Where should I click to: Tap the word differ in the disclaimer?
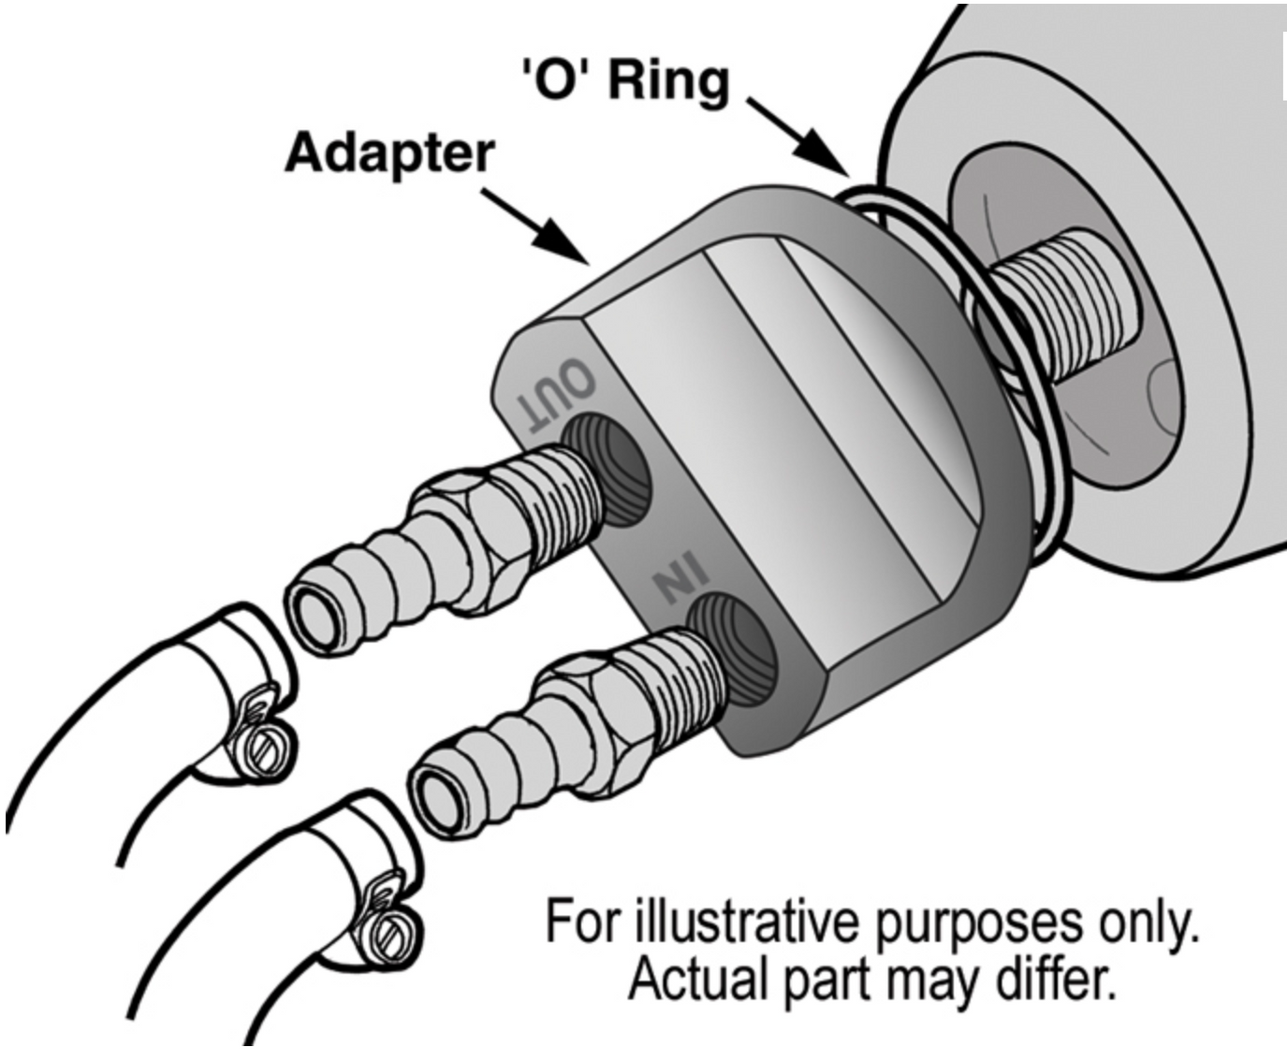pyautogui.click(x=1062, y=980)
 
